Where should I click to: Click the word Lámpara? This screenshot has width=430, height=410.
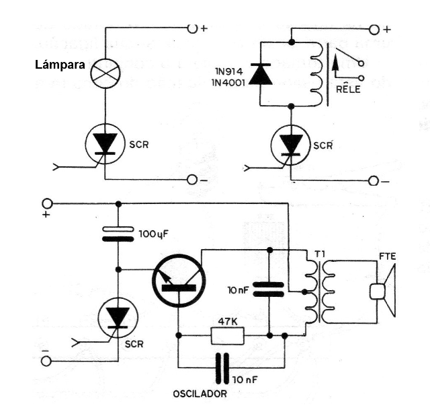[x=58, y=66]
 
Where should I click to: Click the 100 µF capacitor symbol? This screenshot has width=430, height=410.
[x=118, y=234]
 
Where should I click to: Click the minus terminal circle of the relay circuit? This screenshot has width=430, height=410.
[x=373, y=181]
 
